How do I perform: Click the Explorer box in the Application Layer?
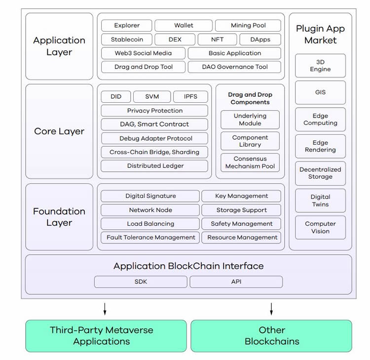click(127, 26)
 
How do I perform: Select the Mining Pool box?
click(248, 26)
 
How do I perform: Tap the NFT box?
click(217, 40)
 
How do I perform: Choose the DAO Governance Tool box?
click(234, 67)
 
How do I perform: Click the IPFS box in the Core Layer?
click(190, 97)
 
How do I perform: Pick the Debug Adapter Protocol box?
click(154, 138)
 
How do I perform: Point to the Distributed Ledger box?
click(154, 166)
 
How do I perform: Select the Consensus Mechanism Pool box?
click(250, 162)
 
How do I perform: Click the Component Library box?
click(250, 141)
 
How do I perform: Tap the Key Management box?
click(241, 196)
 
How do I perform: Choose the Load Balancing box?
click(150, 224)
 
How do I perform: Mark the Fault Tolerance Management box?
click(150, 238)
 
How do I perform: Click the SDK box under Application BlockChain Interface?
click(141, 281)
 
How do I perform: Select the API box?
click(236, 281)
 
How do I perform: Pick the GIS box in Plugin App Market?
click(320, 92)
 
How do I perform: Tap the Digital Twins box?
click(320, 200)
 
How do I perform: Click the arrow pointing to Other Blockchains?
click(271, 309)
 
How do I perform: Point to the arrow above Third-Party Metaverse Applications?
click(105, 309)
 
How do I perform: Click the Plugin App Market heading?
click(320, 35)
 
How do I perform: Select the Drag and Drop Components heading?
click(250, 98)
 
